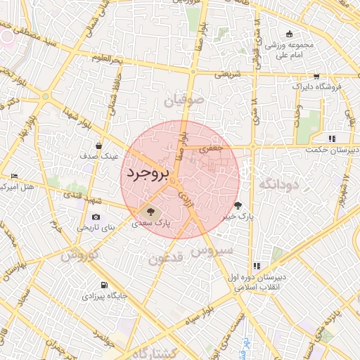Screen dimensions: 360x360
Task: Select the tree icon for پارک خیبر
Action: click(x=238, y=205)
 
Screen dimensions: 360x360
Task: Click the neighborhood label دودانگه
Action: click(x=278, y=184)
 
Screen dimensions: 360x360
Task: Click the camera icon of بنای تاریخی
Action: click(x=96, y=217)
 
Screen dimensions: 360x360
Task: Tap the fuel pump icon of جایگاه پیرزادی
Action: click(x=105, y=285)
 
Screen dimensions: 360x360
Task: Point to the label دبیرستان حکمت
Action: click(x=332, y=150)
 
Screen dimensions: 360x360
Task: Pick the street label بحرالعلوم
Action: click(x=105, y=59)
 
